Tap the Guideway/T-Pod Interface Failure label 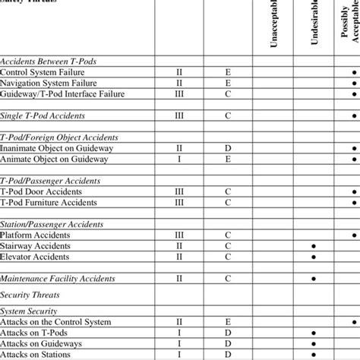coord(62,94)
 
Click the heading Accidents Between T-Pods coord(53,61)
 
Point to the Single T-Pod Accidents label coord(43,116)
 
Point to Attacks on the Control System coord(57,323)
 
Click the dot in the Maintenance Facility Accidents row coord(313,279)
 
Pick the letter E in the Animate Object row coord(228,159)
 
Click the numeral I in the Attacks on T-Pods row coord(179,333)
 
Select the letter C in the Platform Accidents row coord(228,235)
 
